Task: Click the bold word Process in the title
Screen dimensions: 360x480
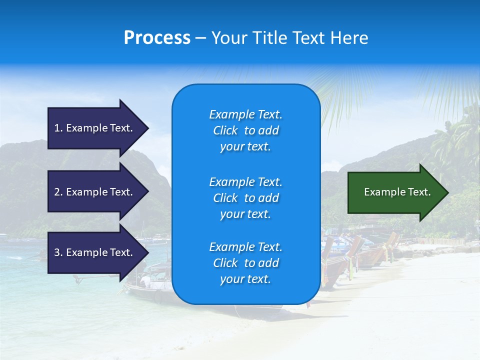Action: (x=157, y=38)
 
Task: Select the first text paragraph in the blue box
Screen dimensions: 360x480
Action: (x=245, y=130)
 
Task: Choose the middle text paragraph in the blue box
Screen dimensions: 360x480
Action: (x=245, y=198)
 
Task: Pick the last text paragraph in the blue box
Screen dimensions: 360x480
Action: (x=245, y=263)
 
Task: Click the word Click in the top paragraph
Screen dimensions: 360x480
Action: (x=225, y=130)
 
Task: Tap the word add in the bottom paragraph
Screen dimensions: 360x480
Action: (x=268, y=263)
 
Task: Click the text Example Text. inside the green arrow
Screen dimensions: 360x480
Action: (x=397, y=192)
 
